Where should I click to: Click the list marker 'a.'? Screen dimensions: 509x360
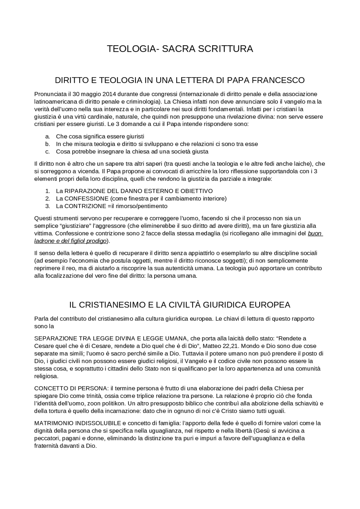click(x=48, y=137)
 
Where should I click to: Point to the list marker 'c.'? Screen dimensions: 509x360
click(x=48, y=152)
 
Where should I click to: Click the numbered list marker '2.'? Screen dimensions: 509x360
click(x=48, y=199)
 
